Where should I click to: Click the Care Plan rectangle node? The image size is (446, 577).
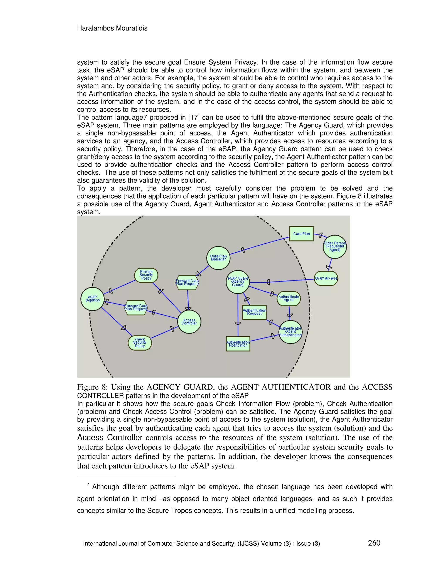coord(301,234)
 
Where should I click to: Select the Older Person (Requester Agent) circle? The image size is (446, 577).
coord(334,246)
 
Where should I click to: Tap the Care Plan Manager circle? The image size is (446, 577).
coord(218,258)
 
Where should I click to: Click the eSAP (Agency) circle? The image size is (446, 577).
coord(93,299)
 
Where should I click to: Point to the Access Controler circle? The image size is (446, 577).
coord(189,322)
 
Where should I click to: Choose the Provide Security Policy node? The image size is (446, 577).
coord(146,275)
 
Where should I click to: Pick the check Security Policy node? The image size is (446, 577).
coord(140,343)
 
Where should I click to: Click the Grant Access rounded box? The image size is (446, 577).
coord(326,278)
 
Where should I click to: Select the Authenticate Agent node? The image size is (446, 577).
coord(289,298)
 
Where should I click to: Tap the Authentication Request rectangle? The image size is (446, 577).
coord(254,312)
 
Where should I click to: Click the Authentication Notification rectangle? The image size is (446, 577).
coord(238,344)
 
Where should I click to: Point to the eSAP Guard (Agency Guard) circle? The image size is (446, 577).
coord(238,282)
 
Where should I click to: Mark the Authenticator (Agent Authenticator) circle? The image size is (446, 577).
coord(290,332)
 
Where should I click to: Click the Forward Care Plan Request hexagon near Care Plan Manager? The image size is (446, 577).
coord(187,282)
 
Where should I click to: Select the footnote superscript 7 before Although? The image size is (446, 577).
coord(88,484)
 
